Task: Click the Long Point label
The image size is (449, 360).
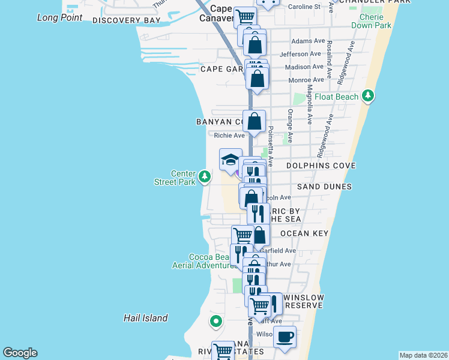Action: click(x=59, y=17)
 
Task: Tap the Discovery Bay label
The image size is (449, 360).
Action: click(x=127, y=20)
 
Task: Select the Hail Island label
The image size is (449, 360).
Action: click(x=146, y=318)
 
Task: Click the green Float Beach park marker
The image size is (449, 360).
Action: click(x=368, y=96)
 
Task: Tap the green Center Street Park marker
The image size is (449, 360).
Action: click(x=205, y=177)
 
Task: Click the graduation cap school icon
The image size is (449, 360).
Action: click(x=231, y=160)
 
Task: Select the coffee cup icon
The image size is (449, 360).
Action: click(x=285, y=337)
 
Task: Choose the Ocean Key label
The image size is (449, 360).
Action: click(x=303, y=233)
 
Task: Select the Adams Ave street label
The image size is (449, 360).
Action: click(x=307, y=41)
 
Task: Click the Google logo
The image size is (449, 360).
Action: click(x=20, y=353)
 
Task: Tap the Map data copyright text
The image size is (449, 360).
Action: click(x=423, y=355)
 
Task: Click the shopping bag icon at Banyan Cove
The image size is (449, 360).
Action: click(x=255, y=121)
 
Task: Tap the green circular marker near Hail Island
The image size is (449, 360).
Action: click(x=216, y=322)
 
